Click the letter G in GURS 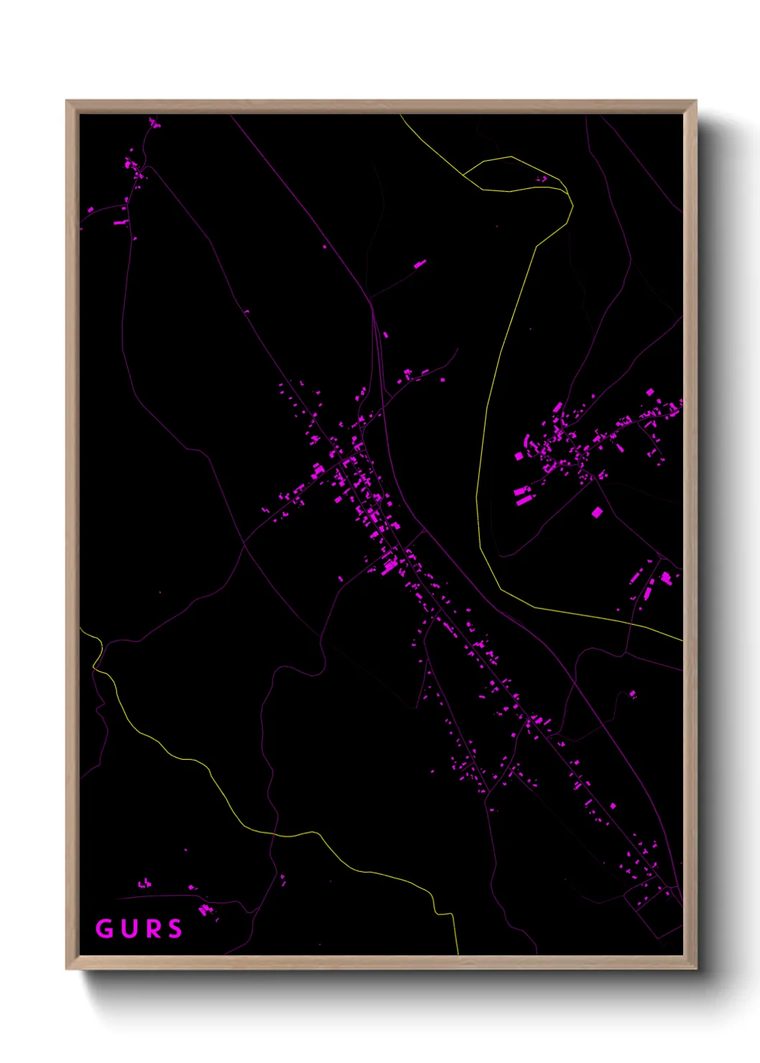click(105, 929)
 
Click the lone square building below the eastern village click(596, 512)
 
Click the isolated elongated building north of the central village click(420, 264)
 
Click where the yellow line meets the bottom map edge click(458, 954)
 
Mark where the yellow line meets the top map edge click(402, 115)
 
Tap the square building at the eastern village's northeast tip click(650, 392)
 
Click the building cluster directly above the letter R click(145, 883)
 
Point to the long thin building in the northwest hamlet click(121, 223)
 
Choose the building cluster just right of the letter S click(206, 910)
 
